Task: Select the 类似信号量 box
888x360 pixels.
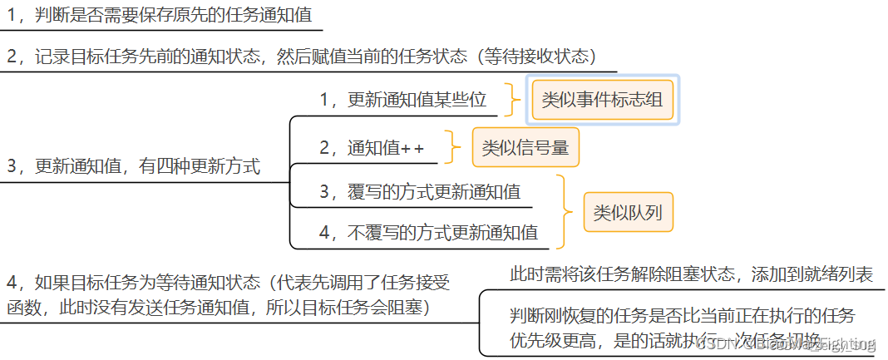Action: [525, 148]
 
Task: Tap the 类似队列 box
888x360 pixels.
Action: [627, 212]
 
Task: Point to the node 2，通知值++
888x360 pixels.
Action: [372, 149]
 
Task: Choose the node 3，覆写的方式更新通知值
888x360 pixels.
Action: [420, 192]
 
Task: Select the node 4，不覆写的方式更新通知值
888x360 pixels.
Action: [428, 233]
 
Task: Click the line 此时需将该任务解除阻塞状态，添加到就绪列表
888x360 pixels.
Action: [691, 274]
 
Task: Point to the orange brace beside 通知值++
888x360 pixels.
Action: [453, 148]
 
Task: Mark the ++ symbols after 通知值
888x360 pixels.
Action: [412, 149]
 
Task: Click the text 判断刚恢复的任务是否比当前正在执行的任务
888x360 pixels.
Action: [682, 316]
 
